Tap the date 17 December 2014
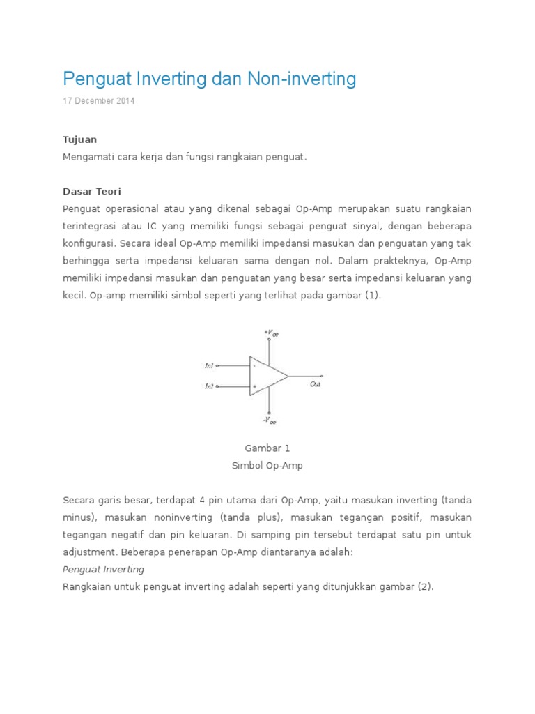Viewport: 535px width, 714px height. (98, 101)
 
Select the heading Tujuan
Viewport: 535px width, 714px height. (79, 139)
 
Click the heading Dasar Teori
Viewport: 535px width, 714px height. (91, 191)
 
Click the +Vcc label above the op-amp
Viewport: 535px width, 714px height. (271, 333)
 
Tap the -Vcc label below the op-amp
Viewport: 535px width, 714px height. (269, 420)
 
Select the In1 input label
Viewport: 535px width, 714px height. (209, 365)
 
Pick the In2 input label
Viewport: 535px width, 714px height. (209, 386)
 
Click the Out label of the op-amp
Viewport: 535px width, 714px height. (316, 384)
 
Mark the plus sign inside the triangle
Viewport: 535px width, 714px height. (254, 386)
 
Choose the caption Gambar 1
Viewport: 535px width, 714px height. (267, 448)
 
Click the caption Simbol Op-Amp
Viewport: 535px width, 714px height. (267, 466)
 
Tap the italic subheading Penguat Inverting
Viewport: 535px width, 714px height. (103, 569)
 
